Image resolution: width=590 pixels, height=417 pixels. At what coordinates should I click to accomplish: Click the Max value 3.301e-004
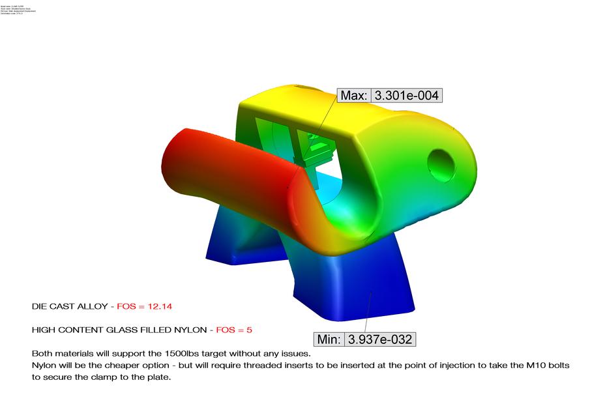pos(406,96)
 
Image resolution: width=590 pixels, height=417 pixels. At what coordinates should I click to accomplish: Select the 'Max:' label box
pos(354,96)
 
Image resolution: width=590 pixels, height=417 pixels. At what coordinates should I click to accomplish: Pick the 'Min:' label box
pos(329,339)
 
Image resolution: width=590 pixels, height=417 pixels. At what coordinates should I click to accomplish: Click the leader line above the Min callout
pos(368,313)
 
